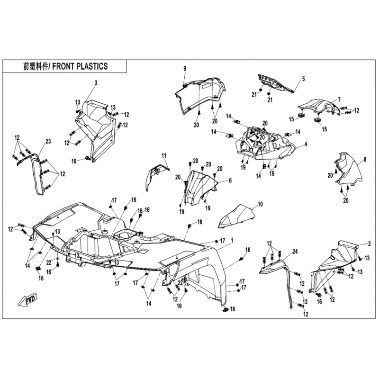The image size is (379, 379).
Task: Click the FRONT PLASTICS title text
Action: point(65,66)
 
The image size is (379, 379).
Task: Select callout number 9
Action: point(185,69)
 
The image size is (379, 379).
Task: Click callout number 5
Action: point(303,79)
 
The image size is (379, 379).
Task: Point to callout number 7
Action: point(339,100)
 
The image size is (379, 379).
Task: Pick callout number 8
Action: point(365,160)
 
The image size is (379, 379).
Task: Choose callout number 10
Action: point(260,205)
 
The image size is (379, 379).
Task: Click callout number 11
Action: point(164,156)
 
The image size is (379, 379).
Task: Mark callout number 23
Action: point(48,141)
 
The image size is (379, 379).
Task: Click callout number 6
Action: point(230,180)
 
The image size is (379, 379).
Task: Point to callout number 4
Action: point(306,144)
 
